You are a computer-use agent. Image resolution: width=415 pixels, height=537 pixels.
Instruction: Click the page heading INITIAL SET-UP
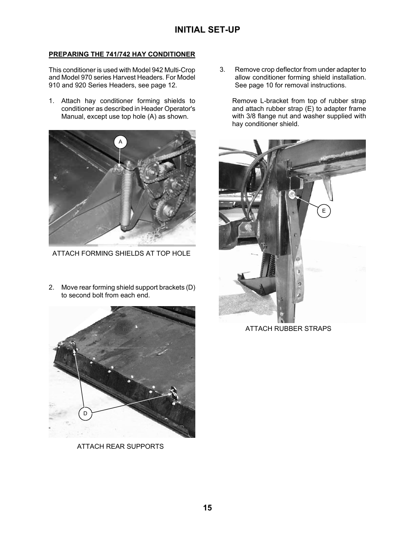[207, 30]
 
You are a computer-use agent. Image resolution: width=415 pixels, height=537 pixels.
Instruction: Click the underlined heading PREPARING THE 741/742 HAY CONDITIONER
[122, 54]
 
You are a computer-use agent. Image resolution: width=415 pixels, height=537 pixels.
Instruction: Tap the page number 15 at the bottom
[207, 507]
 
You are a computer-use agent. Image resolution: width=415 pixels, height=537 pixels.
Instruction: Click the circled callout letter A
[120, 142]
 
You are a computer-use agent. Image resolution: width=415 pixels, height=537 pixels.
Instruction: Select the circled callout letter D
[85, 414]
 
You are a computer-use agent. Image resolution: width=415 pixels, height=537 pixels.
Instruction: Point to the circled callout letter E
[324, 211]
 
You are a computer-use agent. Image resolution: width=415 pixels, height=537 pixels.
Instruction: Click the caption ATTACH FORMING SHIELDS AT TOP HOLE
[121, 253]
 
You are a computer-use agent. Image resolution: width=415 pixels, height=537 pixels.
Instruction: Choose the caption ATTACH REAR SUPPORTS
[120, 447]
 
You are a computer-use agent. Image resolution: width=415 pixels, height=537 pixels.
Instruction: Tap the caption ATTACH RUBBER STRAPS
[288, 329]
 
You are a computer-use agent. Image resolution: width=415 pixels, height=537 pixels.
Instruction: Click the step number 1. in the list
[51, 101]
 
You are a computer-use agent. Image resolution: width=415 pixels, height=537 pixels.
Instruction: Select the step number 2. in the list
[51, 287]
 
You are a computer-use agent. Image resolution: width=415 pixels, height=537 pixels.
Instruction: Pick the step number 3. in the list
[222, 70]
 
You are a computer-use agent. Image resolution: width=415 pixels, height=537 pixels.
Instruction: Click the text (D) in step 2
[191, 287]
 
